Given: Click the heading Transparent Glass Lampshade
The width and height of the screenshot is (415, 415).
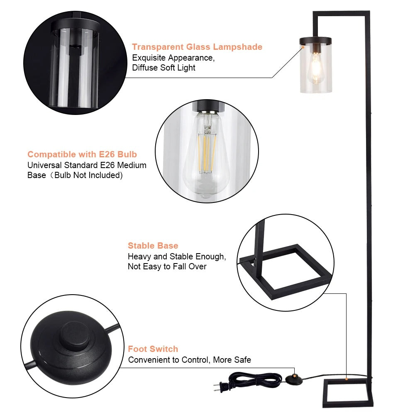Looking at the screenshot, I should coord(197,47).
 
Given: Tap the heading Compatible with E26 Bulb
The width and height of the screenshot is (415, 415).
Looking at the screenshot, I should coord(82,154).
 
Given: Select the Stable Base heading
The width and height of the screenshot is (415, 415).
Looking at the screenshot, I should coord(153,246).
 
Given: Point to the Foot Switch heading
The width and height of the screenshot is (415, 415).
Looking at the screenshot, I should coord(153,349).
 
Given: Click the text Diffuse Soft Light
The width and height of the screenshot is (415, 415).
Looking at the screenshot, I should coord(164,68).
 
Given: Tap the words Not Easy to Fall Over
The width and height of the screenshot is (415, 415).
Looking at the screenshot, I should coord(167,266).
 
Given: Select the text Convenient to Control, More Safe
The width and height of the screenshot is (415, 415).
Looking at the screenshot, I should coord(190,360).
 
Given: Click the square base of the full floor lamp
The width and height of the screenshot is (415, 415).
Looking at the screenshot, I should coord(348,392).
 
